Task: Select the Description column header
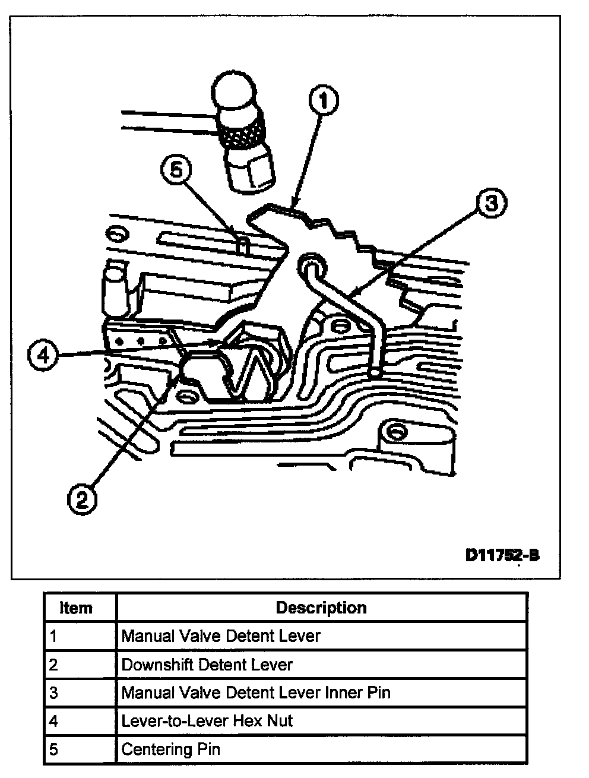click(321, 608)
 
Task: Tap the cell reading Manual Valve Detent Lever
click(221, 636)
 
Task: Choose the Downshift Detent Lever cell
click(207, 664)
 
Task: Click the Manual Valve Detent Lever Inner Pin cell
click(256, 692)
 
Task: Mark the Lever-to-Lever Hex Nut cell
click(207, 721)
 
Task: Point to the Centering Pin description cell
click(170, 749)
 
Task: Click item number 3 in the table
click(53, 692)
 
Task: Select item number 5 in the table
click(53, 749)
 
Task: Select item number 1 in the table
click(53, 636)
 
